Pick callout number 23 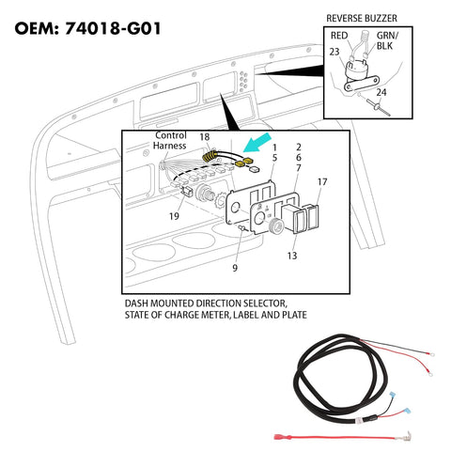click(334, 54)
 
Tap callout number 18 click(204, 137)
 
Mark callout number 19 click(173, 215)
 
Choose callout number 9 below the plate click(235, 268)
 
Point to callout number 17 click(322, 181)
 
